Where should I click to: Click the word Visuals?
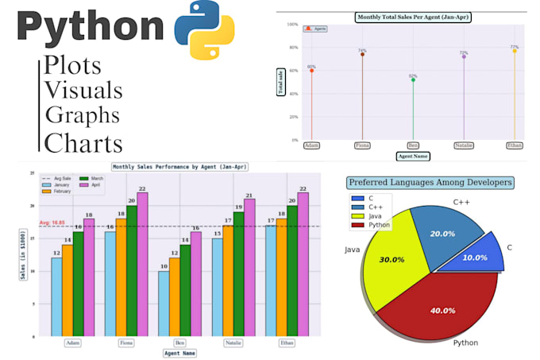click(83, 90)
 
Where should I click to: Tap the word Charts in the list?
click(83, 142)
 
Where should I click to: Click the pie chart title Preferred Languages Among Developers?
click(430, 183)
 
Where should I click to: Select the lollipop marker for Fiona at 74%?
click(362, 54)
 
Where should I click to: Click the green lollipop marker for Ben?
click(413, 79)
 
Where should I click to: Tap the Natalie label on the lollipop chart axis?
click(464, 145)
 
